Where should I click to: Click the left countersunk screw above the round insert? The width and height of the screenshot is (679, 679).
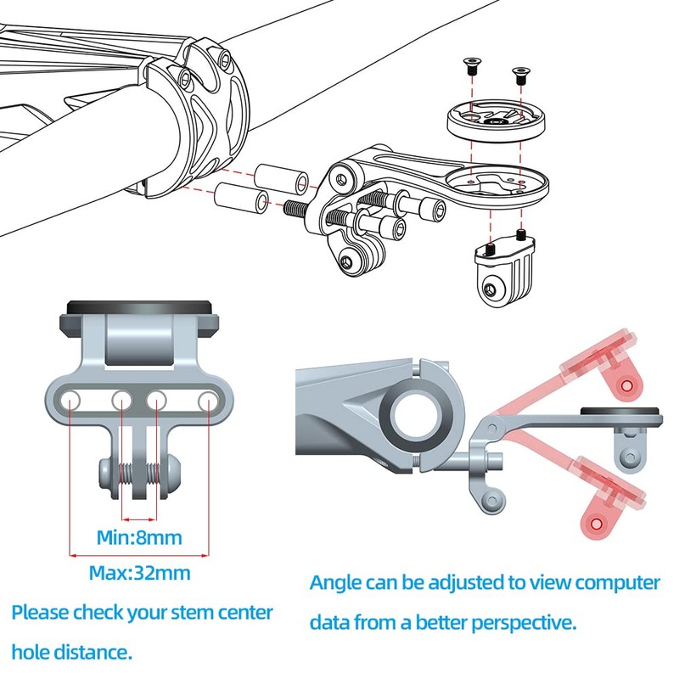[x=469, y=64]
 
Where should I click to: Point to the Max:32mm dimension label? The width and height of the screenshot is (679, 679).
[x=139, y=573]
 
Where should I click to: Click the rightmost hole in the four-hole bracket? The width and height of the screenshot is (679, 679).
[x=207, y=399]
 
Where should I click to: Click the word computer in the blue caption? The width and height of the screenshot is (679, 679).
[x=617, y=584]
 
